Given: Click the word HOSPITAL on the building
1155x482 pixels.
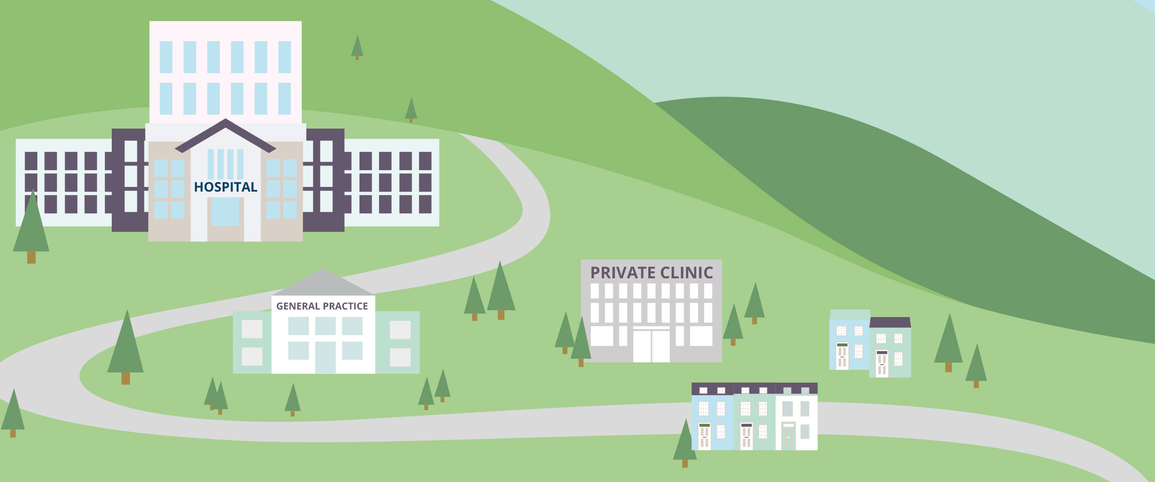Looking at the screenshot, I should pyautogui.click(x=225, y=187).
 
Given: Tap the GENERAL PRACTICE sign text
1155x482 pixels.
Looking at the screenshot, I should pyautogui.click(x=322, y=306).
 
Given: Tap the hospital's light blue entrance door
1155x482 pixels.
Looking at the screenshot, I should pyautogui.click(x=225, y=212).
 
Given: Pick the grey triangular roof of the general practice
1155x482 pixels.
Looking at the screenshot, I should pyautogui.click(x=323, y=283).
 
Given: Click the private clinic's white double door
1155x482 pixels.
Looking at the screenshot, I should pyautogui.click(x=651, y=345).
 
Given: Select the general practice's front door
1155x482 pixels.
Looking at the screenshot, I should pyautogui.click(x=325, y=357).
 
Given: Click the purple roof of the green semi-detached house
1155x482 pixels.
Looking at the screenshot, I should pyautogui.click(x=890, y=322).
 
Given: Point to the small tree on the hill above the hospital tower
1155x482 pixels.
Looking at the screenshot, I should pyautogui.click(x=357, y=47).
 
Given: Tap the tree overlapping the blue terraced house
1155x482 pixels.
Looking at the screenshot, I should pyautogui.click(x=685, y=443).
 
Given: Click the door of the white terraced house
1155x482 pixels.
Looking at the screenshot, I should pyautogui.click(x=788, y=435).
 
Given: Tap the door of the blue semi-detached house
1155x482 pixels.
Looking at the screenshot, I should pyautogui.click(x=842, y=356).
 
